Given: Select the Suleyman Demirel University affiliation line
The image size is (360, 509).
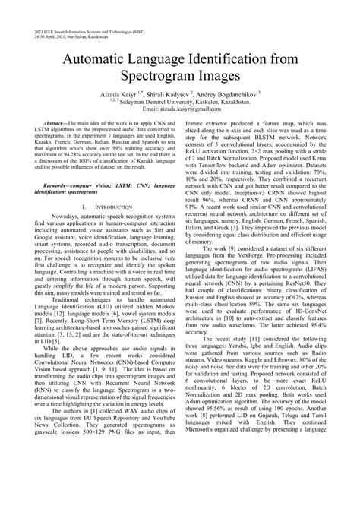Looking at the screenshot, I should pos(182,106).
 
